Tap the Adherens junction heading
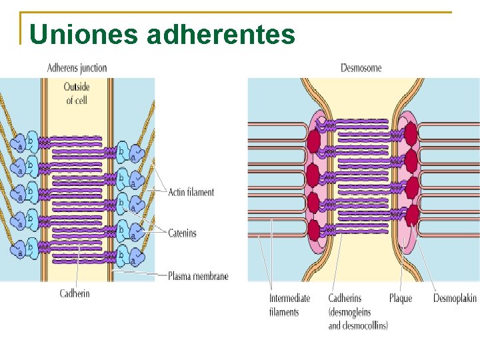[x=77, y=68]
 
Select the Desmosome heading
[x=361, y=68]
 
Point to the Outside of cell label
[x=77, y=93]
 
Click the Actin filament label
[x=191, y=192]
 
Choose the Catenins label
[x=182, y=233]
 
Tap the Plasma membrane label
[x=198, y=275]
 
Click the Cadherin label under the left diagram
[x=75, y=293]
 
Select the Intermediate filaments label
[x=289, y=305]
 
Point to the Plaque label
[x=401, y=298]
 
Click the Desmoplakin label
[x=455, y=298]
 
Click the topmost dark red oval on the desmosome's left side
[x=314, y=140]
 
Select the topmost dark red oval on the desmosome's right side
[x=411, y=133]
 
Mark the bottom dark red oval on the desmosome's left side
[x=314, y=230]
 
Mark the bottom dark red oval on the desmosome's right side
[x=413, y=215]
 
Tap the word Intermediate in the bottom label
[x=289, y=298]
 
